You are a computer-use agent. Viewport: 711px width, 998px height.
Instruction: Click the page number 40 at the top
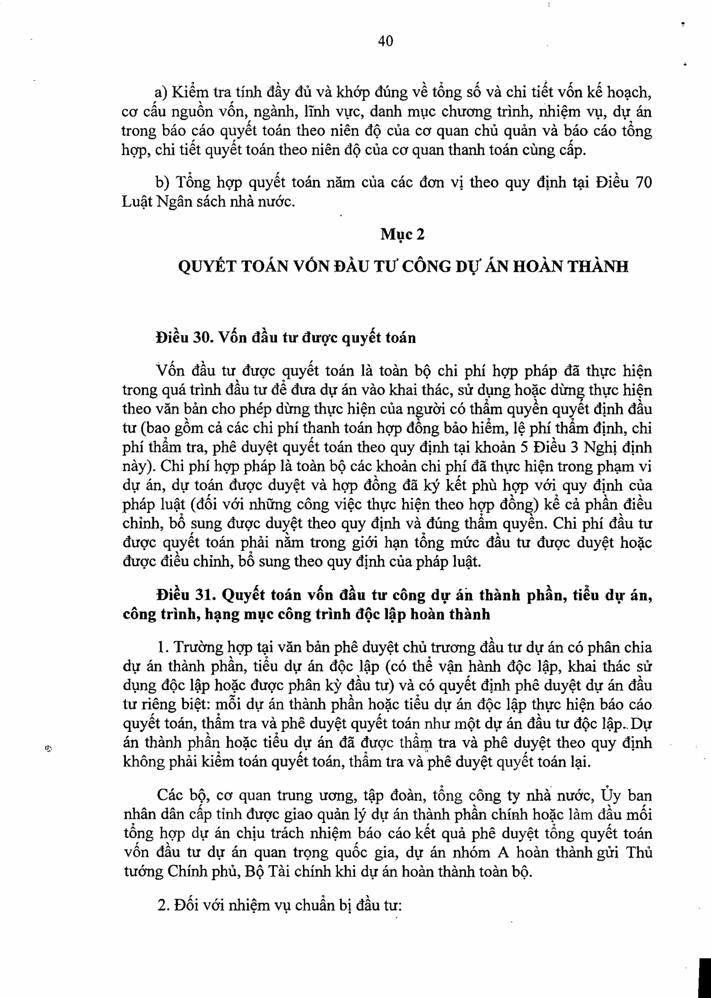385,41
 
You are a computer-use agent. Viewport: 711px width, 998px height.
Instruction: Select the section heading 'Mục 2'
402,235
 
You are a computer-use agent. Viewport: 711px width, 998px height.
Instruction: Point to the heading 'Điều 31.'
185,595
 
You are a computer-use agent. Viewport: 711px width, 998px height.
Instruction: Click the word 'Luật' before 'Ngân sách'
136,202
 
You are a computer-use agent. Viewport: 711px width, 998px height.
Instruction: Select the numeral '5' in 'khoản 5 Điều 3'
520,447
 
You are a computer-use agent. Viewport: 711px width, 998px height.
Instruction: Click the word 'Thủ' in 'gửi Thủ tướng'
640,852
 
